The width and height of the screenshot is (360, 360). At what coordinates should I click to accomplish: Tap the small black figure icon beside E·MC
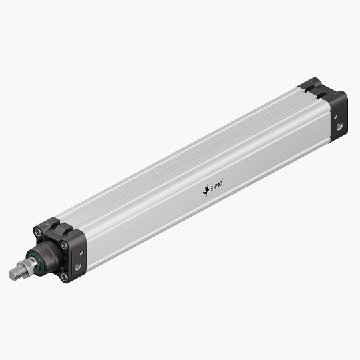pos(205,191)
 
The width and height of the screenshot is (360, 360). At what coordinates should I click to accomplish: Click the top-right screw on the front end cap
pos(65,246)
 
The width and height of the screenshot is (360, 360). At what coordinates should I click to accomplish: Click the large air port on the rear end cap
pos(339,125)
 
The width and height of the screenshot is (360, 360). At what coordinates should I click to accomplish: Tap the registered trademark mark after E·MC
pos(223,184)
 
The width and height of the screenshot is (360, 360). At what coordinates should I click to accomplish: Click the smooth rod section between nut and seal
pos(33,263)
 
